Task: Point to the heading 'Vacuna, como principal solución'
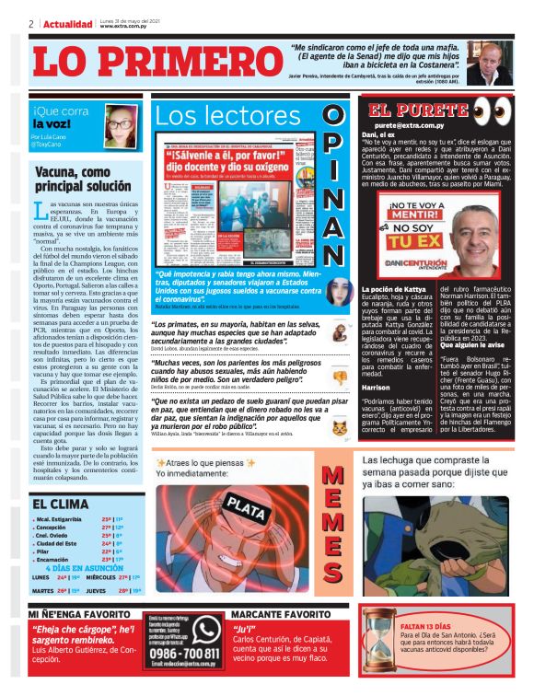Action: pyautogui.click(x=83, y=178)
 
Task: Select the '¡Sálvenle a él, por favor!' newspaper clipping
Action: pyautogui.click(x=231, y=200)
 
